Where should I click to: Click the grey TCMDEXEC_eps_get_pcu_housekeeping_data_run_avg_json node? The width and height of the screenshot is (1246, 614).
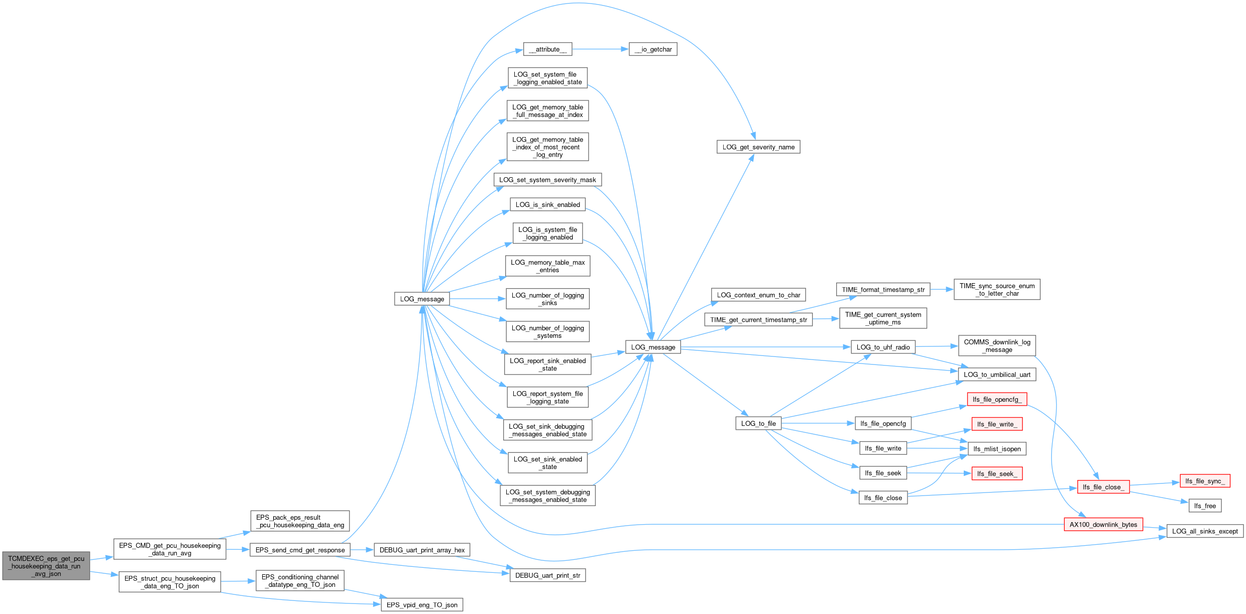coord(46,566)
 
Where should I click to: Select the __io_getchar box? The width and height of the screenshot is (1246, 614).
coord(653,49)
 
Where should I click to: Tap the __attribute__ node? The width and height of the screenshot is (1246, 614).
coord(547,49)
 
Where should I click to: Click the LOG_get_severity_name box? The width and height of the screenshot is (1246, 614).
coord(758,147)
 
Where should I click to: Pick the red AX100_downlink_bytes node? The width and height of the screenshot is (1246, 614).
coord(1103,525)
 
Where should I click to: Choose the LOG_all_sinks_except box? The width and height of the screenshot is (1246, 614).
coord(1205,531)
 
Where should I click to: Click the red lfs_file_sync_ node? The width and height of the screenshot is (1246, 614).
coord(1205,481)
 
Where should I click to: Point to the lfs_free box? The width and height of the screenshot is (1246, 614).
coord(1205,506)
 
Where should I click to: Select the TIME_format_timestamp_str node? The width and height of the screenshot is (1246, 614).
coord(883,290)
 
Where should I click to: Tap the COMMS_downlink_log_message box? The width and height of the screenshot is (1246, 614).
coord(997,346)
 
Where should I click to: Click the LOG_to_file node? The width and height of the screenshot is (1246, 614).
coord(758,423)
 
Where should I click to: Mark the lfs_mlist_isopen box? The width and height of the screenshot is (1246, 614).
coord(997,449)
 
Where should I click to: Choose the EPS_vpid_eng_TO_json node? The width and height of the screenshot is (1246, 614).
coord(422,605)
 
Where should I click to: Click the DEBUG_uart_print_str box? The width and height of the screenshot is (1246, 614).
coord(547,575)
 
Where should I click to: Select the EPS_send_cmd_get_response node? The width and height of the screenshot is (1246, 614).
coord(300,550)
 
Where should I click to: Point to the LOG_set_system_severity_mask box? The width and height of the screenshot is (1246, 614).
coord(547,180)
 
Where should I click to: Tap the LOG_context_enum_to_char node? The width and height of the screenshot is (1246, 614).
coord(758,295)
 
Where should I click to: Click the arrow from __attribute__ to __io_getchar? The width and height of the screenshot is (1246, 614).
coord(601,49)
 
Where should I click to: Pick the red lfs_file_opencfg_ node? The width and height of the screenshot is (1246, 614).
coord(997,399)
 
